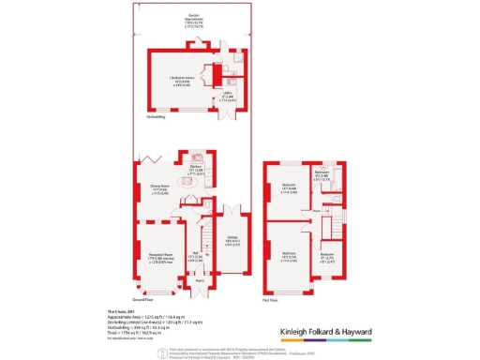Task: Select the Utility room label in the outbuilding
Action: pyautogui.click(x=227, y=95)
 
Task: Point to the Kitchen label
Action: pyautogui.click(x=196, y=166)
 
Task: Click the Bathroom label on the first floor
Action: pyautogui.click(x=322, y=173)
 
